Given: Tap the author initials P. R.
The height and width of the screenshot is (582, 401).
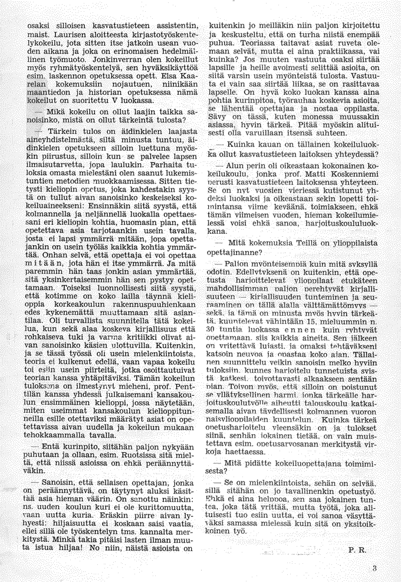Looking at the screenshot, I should tap(357, 550).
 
